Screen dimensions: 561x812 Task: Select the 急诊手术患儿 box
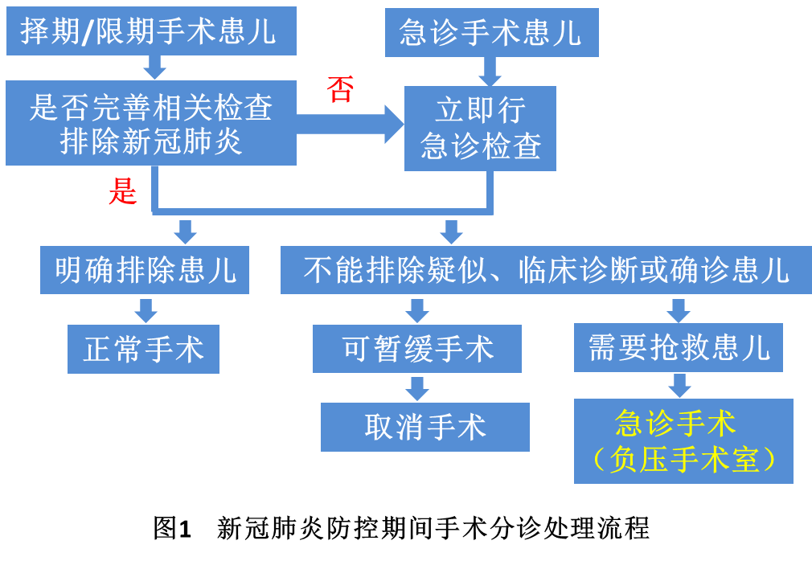pyautogui.click(x=491, y=33)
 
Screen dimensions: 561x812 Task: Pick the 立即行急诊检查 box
pyautogui.click(x=480, y=128)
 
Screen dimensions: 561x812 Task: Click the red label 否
pyautogui.click(x=340, y=90)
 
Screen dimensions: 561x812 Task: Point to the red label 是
pyautogui.click(x=122, y=191)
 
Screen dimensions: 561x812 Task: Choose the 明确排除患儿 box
pyautogui.click(x=146, y=269)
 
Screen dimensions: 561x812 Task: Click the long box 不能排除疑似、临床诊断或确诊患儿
pyautogui.click(x=546, y=269)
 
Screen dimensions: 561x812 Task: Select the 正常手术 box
pyautogui.click(x=143, y=349)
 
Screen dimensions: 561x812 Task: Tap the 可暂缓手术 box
pyautogui.click(x=417, y=348)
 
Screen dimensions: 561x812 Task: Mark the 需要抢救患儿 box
pyautogui.click(x=678, y=348)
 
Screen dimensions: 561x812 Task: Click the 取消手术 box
pyautogui.click(x=425, y=427)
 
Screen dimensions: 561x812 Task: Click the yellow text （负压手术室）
pyautogui.click(x=683, y=460)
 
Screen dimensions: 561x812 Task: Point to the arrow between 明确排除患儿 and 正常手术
pyautogui.click(x=146, y=309)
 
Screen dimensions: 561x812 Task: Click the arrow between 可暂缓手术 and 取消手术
pyautogui.click(x=416, y=388)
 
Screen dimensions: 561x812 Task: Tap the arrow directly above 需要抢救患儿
pyautogui.click(x=678, y=309)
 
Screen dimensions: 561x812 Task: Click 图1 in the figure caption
pyautogui.click(x=174, y=529)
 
